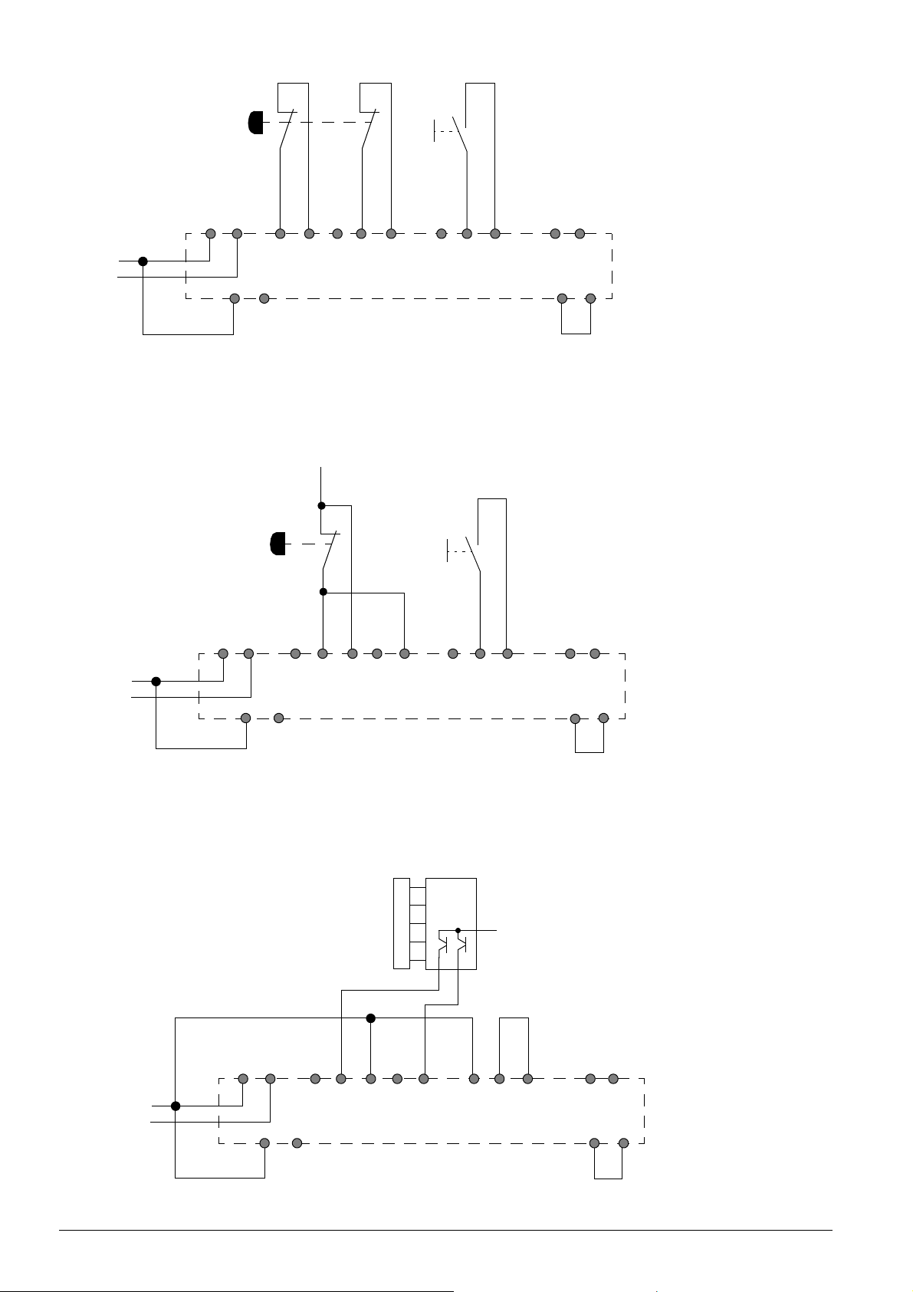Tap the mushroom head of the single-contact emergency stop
[x=278, y=543]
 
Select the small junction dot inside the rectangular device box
[x=458, y=930]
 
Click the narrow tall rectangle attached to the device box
[x=401, y=923]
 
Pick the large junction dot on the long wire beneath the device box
[x=371, y=1018]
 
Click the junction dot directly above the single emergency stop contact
[x=322, y=506]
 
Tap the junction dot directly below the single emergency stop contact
[x=323, y=592]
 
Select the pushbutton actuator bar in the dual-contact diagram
[x=435, y=131]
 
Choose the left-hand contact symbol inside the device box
[x=442, y=943]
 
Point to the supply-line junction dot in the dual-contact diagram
[x=143, y=261]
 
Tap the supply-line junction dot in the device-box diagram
[x=176, y=1106]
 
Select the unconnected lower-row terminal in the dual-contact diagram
[x=264, y=298]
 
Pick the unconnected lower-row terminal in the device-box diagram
[x=297, y=1143]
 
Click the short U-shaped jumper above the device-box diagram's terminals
[x=514, y=1019]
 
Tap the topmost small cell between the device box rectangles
[x=418, y=895]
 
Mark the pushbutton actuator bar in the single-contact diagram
[x=448, y=551]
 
